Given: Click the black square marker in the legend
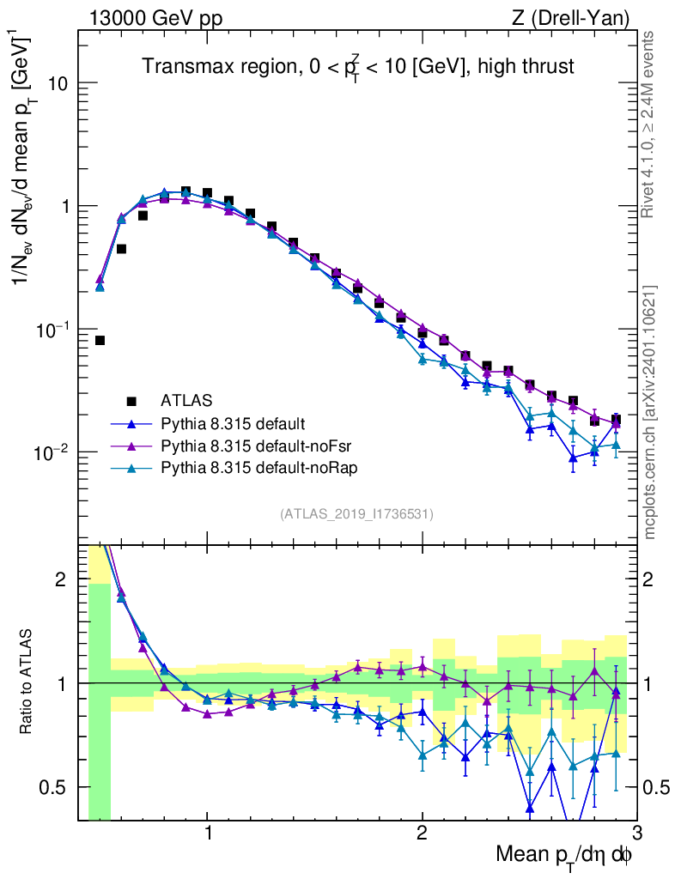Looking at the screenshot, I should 131,400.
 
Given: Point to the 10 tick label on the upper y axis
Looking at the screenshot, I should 57,84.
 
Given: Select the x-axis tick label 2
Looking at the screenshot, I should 422,834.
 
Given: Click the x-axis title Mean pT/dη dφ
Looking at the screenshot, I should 565,856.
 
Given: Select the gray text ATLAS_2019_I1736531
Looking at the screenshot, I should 356,514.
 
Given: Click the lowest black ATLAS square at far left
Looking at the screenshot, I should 100,341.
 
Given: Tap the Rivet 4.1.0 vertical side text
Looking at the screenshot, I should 648,124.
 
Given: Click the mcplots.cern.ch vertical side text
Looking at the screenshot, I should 650,412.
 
